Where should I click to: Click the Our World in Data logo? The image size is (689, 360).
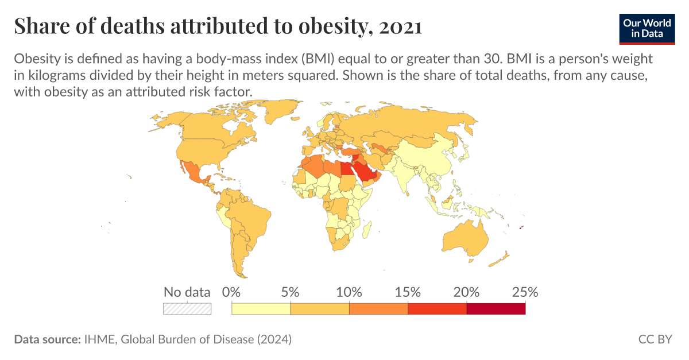tap(647, 27)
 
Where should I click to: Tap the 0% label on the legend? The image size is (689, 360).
tap(231, 292)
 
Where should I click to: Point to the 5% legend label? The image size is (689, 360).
tap(291, 292)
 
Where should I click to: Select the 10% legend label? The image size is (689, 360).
tap(349, 292)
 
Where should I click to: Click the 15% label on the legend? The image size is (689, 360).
tap(408, 292)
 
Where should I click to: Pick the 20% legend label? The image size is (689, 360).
tap(466, 292)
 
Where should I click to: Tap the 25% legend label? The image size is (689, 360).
tap(525, 292)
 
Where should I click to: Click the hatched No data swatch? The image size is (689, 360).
tap(187, 308)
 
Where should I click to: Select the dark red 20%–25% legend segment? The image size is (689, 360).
tap(496, 308)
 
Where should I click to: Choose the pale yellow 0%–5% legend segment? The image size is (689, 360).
tap(261, 308)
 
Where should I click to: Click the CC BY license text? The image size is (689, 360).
tap(655, 339)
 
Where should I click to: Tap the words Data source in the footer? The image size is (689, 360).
tap(47, 339)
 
